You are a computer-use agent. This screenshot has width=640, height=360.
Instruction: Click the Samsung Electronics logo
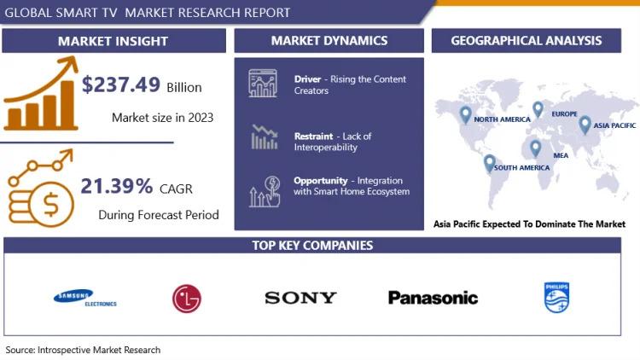(x=84, y=298)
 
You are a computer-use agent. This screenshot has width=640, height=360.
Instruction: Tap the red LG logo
(x=187, y=299)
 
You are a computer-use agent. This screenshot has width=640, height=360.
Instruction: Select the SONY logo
(x=300, y=298)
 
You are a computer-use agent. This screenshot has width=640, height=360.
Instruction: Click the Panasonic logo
(x=433, y=298)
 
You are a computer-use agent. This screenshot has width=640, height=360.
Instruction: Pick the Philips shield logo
(x=556, y=298)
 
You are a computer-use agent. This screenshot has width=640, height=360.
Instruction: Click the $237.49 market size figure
(x=121, y=85)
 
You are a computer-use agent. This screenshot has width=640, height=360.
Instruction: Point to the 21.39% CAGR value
(x=117, y=186)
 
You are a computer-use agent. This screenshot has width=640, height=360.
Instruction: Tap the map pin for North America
(x=465, y=115)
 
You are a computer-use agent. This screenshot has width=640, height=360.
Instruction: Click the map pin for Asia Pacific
(x=585, y=125)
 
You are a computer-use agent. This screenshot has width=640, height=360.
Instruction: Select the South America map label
(x=521, y=168)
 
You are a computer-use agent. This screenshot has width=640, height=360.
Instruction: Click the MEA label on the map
(x=561, y=155)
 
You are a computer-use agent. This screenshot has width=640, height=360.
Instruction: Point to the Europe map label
(x=565, y=113)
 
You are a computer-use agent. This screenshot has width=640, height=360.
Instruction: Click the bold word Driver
(x=307, y=79)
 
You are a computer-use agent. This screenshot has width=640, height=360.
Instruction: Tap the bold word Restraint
(x=313, y=136)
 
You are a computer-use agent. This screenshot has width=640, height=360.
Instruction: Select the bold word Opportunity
(x=320, y=181)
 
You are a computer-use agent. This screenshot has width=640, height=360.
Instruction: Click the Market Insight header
(x=113, y=41)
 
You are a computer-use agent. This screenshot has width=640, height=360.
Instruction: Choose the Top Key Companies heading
(x=312, y=246)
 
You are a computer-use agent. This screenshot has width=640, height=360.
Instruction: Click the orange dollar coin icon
(x=52, y=204)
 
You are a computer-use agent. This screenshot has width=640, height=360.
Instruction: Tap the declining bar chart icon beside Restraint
(x=264, y=137)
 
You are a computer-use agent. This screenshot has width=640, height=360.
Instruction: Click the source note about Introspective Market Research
(x=83, y=350)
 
